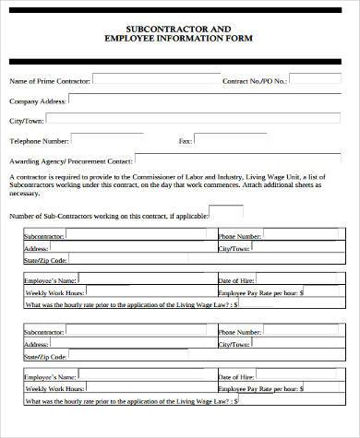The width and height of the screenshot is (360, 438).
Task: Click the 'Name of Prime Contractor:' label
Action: (50, 81)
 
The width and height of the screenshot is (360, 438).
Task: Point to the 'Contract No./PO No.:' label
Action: (255, 81)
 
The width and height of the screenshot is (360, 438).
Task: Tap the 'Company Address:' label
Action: (38, 101)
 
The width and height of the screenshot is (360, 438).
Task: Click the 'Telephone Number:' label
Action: (39, 141)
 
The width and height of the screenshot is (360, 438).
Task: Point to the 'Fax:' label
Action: (185, 141)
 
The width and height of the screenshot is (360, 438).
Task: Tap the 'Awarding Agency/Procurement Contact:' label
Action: (70, 160)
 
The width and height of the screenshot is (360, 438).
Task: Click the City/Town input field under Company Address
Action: (198, 119)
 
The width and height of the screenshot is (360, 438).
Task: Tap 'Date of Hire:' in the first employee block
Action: (235, 278)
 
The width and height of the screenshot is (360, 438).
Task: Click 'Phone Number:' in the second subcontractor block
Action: (239, 329)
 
